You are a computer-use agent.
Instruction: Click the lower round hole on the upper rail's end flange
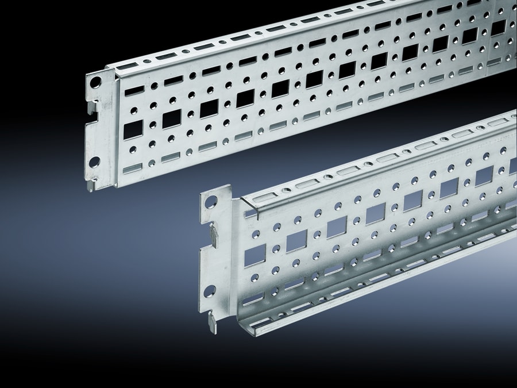click(94, 162)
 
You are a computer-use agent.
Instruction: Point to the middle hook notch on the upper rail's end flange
click(92, 107)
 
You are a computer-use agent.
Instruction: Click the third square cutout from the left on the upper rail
click(209, 108)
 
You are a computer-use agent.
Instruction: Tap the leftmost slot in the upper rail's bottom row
click(133, 167)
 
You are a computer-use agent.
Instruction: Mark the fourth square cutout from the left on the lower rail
click(375, 214)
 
